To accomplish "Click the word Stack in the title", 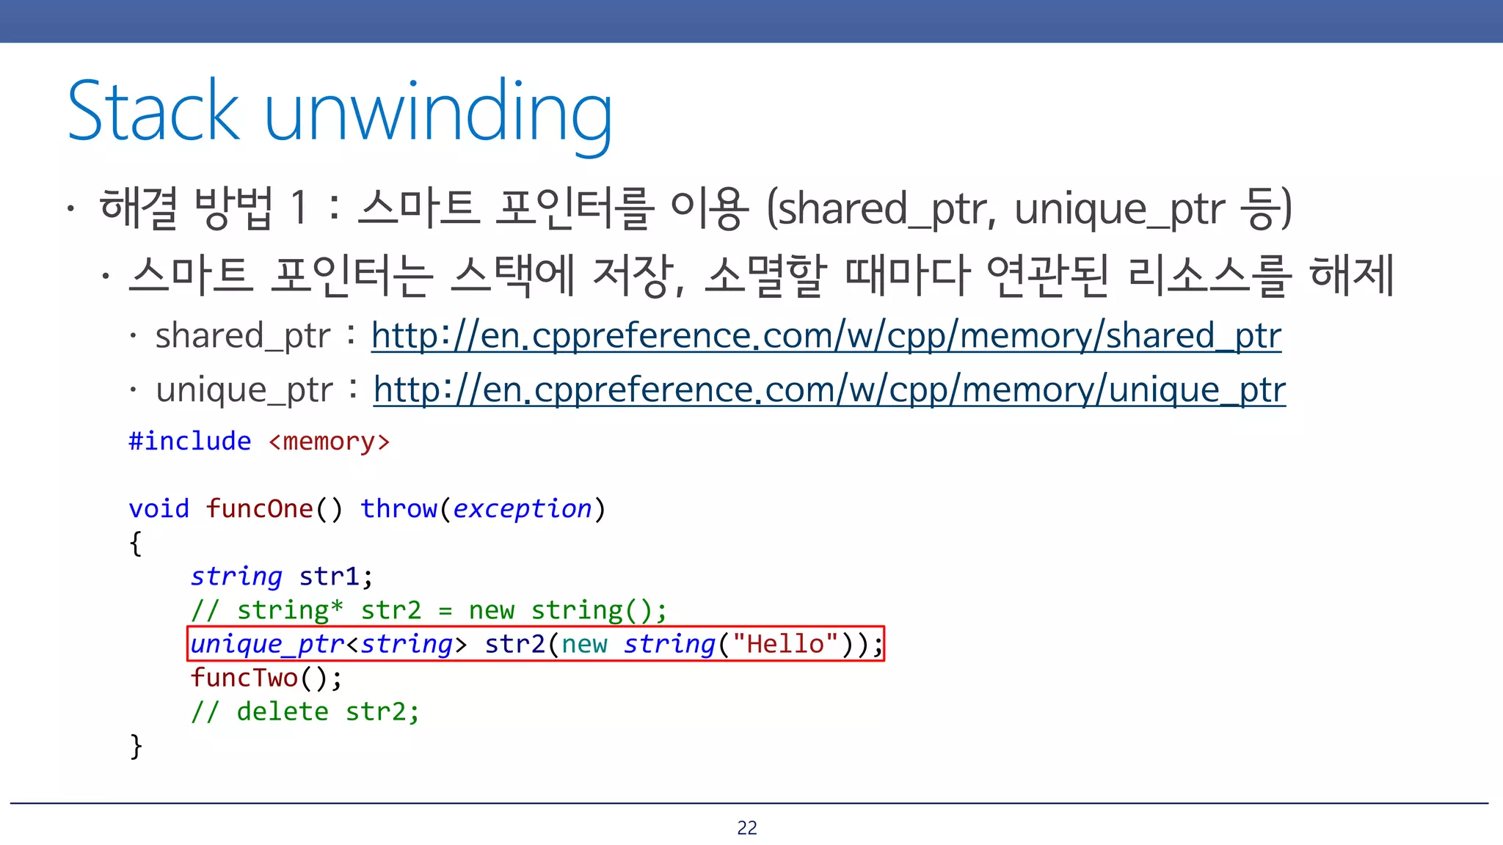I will click(153, 111).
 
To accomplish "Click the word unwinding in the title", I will click(438, 114).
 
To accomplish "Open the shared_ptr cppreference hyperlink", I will click(826, 336).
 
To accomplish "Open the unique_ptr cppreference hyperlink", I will click(829, 389).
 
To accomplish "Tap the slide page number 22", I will click(747, 827).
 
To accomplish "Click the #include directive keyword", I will click(190, 442).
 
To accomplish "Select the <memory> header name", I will click(329, 442).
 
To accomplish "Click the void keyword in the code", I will click(159, 508).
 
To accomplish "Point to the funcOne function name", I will click(259, 508).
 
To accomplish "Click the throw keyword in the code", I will click(399, 508).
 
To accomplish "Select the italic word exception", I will click(522, 508).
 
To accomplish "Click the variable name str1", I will click(330, 577).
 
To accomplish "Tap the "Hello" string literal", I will click(785, 644).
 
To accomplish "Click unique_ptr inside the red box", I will click(267, 644).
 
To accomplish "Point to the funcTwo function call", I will click(244, 678).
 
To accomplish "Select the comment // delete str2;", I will click(305, 712).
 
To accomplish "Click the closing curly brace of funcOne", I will click(136, 746).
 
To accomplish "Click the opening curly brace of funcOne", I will click(136, 544).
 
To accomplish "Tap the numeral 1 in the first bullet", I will click(298, 208).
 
